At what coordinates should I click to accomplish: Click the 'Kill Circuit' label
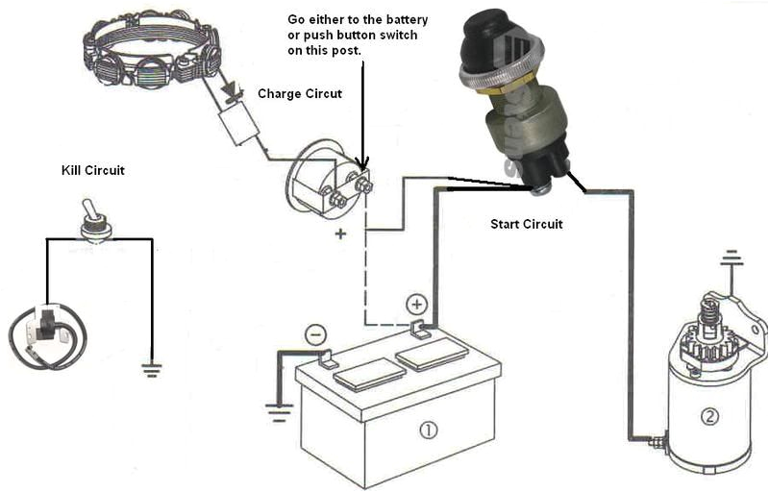92,170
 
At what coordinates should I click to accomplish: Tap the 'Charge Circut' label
300,94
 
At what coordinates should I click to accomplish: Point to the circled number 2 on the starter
709,416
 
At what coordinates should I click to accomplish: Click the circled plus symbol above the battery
416,305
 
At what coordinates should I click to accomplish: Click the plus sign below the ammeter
339,234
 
